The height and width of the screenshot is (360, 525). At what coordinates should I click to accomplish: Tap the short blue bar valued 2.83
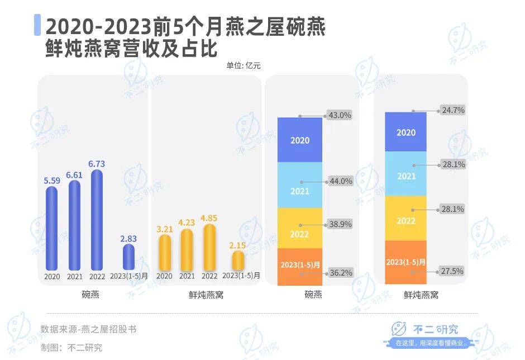pos(128,257)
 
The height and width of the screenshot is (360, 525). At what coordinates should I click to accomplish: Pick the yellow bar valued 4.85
pos(209,247)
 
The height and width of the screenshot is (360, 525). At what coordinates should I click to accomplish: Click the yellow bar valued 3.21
pos(164,252)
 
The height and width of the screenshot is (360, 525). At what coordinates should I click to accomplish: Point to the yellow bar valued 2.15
pos(238,260)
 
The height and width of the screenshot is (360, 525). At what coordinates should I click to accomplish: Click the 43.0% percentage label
pos(341,116)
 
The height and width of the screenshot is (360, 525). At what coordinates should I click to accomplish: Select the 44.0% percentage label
pos(341,182)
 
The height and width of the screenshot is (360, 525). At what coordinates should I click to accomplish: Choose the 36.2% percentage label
pos(341,273)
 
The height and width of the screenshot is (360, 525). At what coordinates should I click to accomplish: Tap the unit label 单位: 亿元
pos(244,65)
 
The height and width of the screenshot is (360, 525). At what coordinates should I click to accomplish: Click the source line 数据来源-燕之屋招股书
pos(88,329)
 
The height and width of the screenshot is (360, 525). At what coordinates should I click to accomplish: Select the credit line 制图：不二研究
pos(71,347)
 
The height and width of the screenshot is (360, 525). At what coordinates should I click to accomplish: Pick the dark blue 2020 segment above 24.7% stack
pos(406,132)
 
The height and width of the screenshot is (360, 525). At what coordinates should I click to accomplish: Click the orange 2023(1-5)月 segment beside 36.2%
pos(300,267)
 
